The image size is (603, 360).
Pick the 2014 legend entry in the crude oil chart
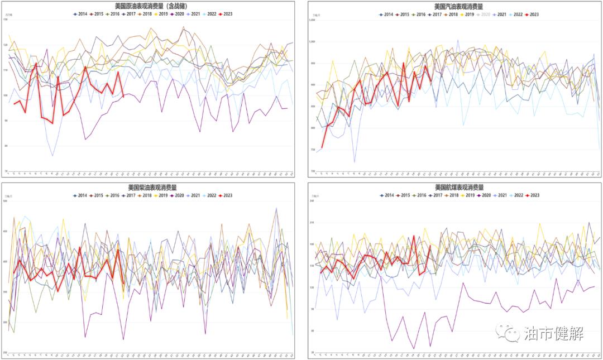(80, 13)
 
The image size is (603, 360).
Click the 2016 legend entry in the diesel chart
(113, 195)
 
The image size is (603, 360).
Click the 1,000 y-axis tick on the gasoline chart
(313, 41)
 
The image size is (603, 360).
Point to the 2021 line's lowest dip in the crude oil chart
(52, 156)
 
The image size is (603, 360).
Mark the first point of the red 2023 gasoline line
(322, 148)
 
